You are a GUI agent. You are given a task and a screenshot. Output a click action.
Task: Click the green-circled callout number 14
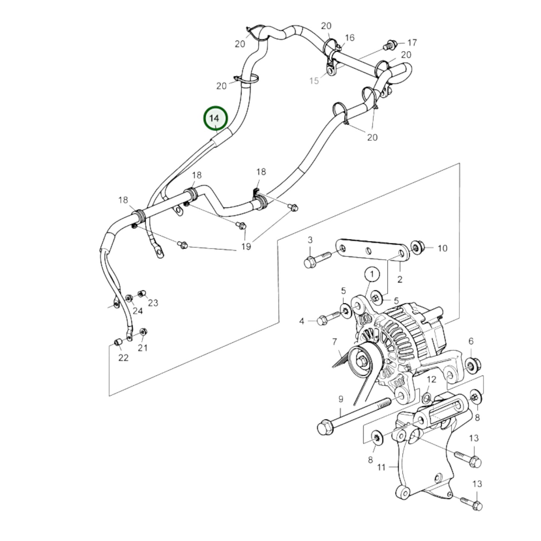(215, 118)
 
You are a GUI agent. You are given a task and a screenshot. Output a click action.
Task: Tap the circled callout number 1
(372, 274)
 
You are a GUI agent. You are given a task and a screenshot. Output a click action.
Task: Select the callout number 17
(412, 42)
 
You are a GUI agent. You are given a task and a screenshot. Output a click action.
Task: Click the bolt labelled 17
(390, 45)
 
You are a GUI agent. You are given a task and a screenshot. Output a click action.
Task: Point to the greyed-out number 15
(314, 80)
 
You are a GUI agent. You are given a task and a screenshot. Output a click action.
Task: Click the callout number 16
(349, 38)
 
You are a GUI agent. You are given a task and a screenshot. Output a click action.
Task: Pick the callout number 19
(246, 246)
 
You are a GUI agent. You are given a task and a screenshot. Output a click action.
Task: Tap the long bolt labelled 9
(352, 416)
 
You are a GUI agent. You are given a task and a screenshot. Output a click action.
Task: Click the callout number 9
(340, 399)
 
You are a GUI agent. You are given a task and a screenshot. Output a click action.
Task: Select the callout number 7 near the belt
(334, 341)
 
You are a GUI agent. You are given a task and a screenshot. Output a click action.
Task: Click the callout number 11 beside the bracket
(381, 467)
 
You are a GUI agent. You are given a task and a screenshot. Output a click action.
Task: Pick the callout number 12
(432, 379)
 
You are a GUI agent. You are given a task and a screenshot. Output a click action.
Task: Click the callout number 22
(123, 358)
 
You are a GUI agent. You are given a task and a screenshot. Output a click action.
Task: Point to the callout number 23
(153, 303)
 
